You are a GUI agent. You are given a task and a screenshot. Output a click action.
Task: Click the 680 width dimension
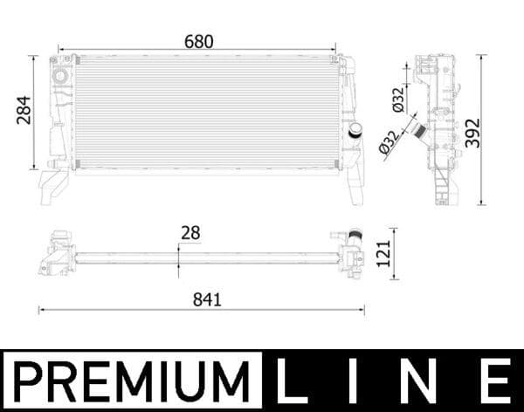198,42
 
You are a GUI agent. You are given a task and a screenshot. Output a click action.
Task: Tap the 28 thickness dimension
190,232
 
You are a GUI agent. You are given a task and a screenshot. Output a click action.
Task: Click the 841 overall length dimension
207,299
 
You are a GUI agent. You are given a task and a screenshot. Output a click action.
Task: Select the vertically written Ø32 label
397,101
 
